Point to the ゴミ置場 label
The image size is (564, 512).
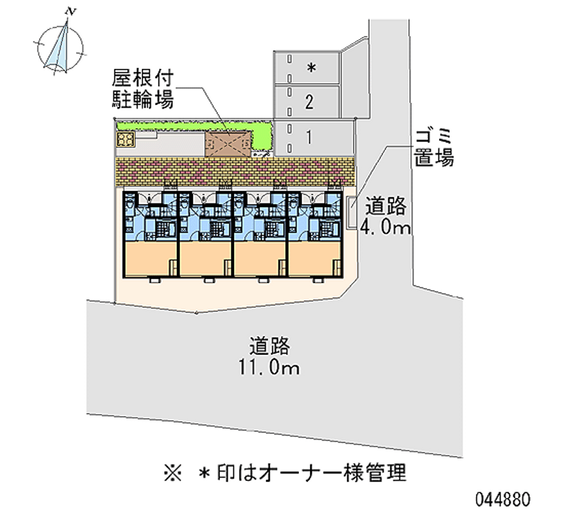pyautogui.click(x=434, y=147)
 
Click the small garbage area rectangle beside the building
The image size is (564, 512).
pyautogui.click(x=352, y=213)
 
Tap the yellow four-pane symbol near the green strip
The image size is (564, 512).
pyautogui.click(x=126, y=139)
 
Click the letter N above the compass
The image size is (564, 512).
pyautogui.click(x=69, y=11)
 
